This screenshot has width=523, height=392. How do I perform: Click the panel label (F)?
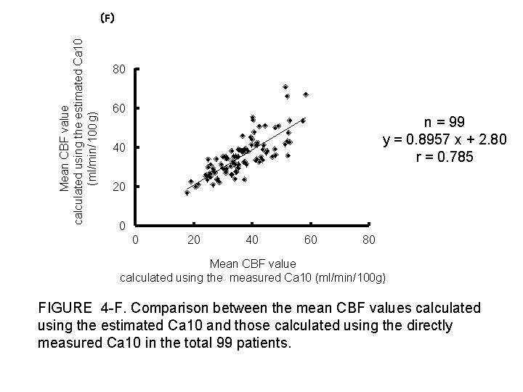coord(107,19)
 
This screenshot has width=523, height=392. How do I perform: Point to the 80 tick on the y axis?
coord(120,70)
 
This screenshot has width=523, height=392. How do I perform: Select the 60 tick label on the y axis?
coord(120,109)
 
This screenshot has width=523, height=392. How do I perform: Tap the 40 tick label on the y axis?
coord(120,148)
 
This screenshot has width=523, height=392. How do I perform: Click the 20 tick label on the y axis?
coord(120,187)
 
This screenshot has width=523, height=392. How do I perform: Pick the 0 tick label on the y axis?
coord(123,226)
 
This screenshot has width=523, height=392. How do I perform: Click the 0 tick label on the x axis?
coord(135,240)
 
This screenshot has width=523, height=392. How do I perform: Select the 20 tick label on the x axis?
coord(193,240)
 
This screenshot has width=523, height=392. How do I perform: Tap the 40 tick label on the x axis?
coord(252,240)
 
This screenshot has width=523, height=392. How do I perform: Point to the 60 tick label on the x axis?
coord(310,240)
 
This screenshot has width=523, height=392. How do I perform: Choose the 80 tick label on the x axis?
coord(369,240)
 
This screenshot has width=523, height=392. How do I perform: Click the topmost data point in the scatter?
coord(285,87)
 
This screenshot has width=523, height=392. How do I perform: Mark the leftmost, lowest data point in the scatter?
coord(187,193)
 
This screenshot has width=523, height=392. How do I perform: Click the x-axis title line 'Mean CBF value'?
coord(252,264)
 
